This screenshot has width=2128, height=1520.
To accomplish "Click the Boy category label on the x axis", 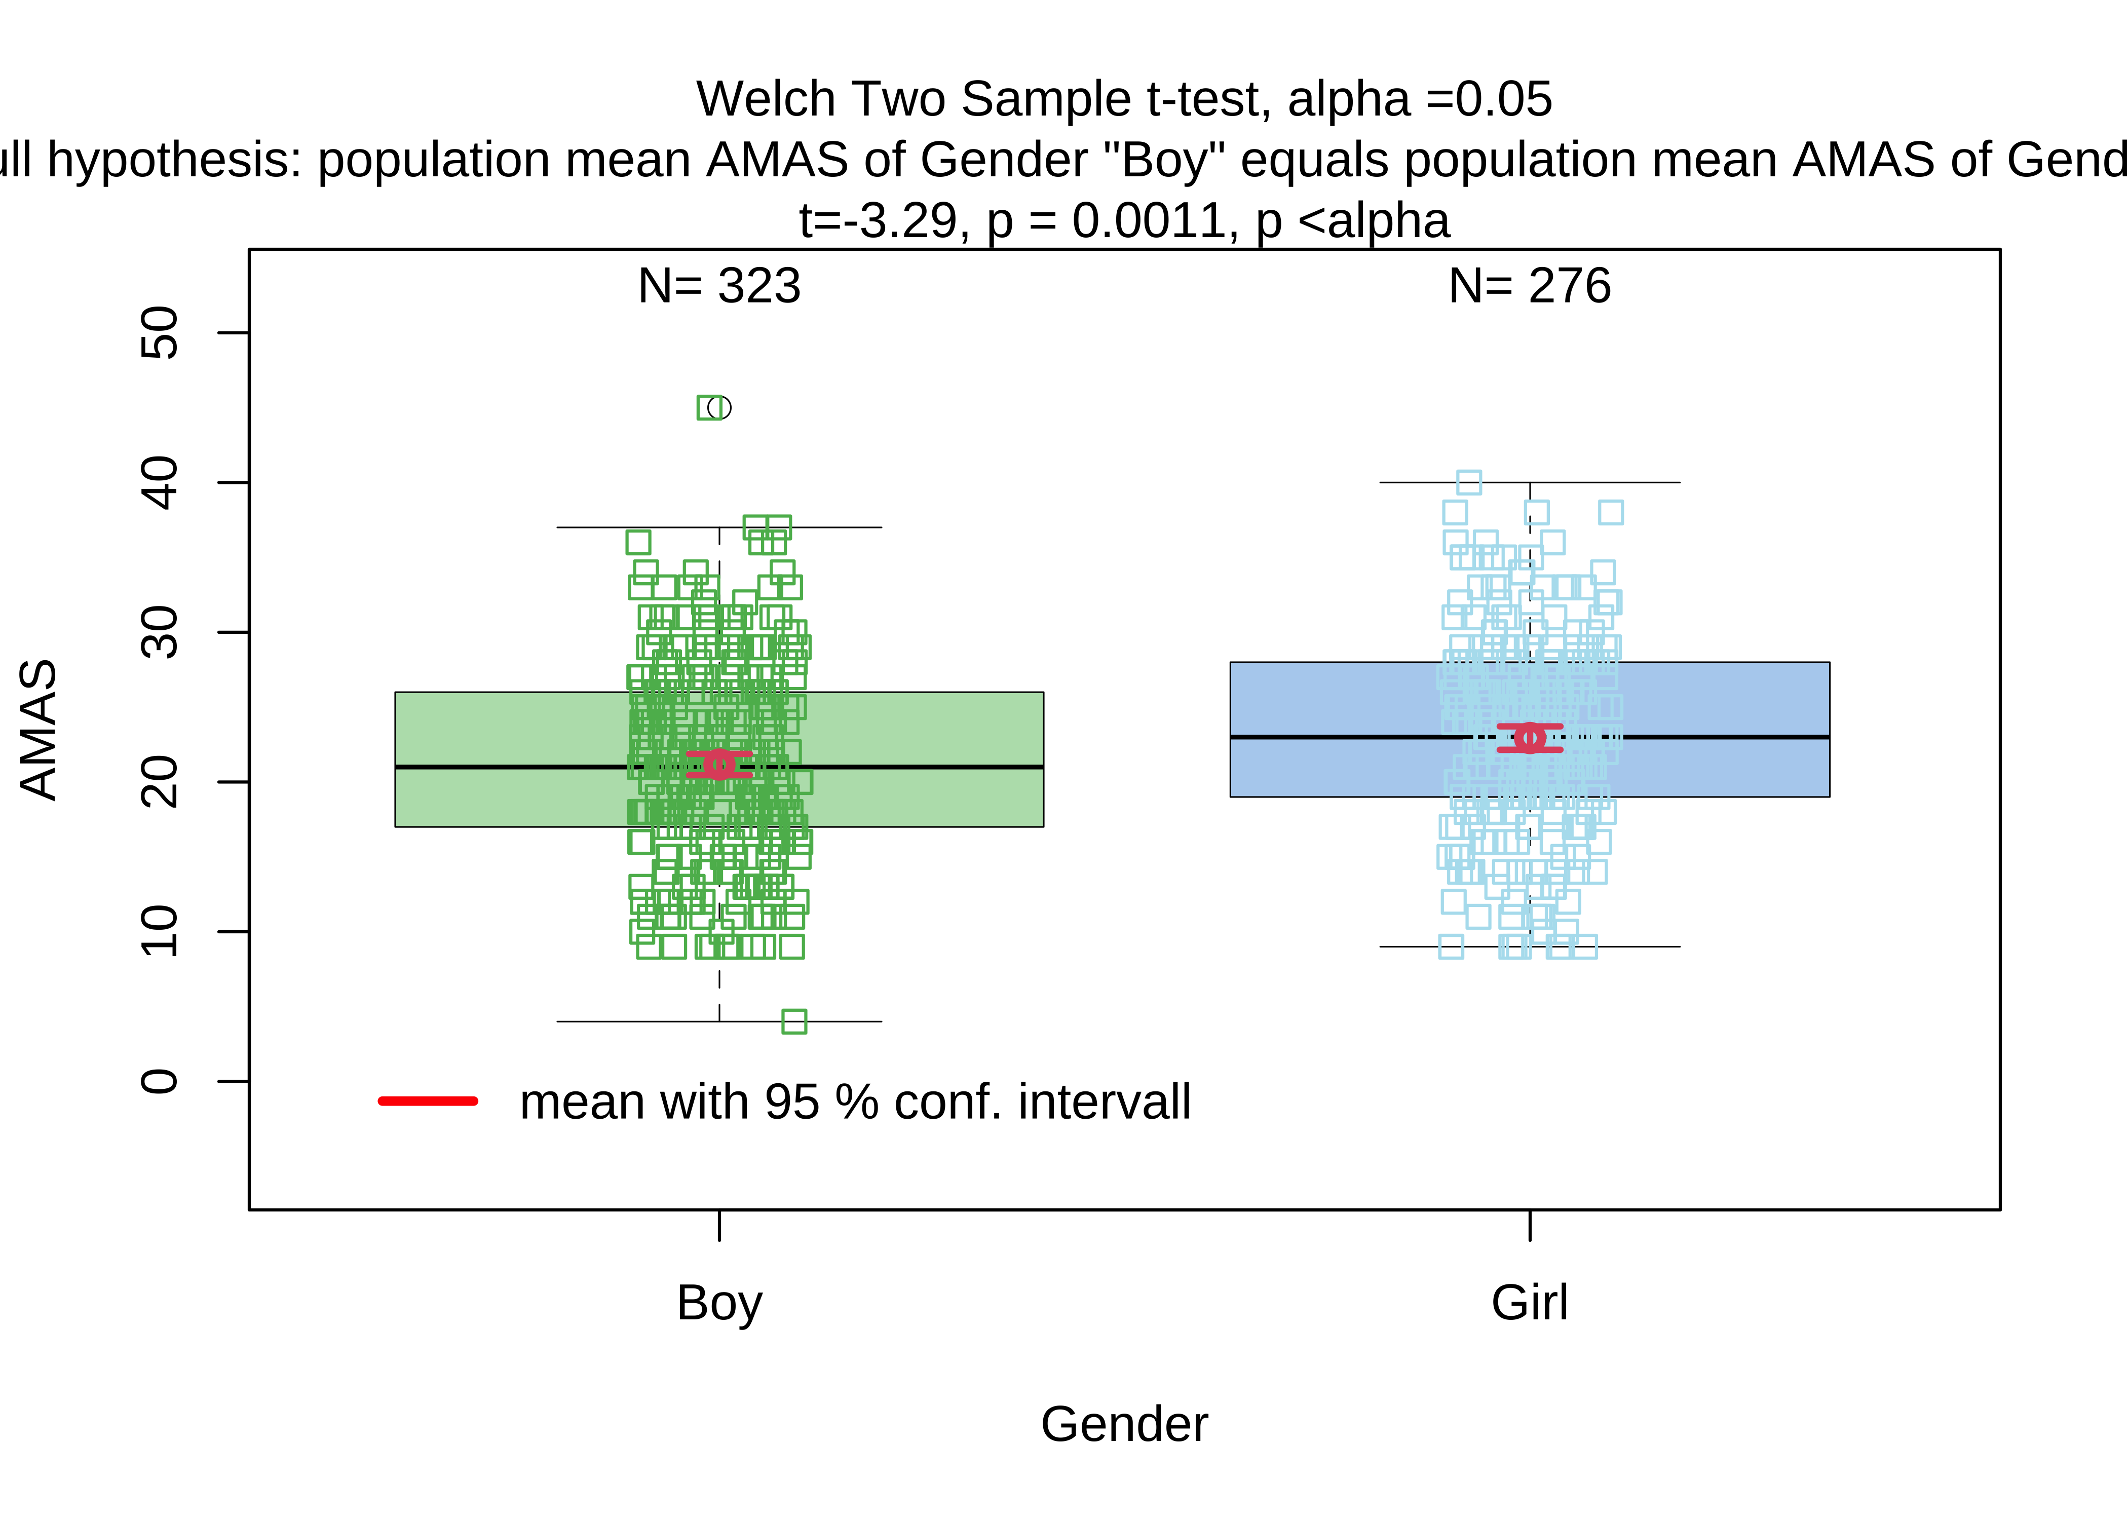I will click(718, 1303).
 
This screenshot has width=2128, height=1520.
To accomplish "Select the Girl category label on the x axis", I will click(1529, 1303).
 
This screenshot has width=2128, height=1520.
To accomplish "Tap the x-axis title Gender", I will click(1124, 1425).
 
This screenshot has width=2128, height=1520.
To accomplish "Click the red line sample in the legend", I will click(428, 1100).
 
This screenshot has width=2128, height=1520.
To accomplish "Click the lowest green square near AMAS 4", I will click(793, 1021).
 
